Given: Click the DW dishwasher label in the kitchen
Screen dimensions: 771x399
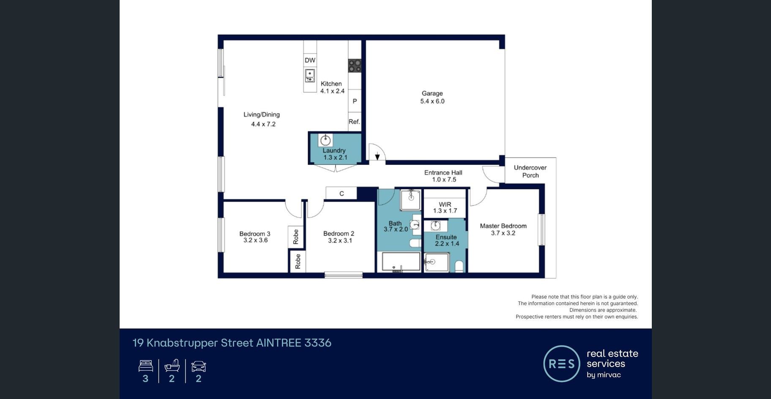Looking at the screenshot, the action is tap(310, 60).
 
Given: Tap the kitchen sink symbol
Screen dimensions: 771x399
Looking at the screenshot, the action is tap(310, 76).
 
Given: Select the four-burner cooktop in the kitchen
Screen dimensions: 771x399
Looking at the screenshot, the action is tap(355, 66).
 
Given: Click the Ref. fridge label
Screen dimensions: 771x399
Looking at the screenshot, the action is tap(354, 122).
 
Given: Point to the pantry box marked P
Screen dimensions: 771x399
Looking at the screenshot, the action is tap(355, 101).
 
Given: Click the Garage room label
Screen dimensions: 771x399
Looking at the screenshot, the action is tap(432, 93).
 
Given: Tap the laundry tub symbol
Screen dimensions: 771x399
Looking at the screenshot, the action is tap(325, 140).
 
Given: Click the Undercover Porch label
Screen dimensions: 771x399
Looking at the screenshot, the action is tap(530, 171).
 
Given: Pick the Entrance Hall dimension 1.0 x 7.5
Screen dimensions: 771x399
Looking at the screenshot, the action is tap(444, 180).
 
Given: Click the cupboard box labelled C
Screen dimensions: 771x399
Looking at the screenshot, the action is tap(342, 193).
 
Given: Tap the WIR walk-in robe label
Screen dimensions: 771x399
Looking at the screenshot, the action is tap(445, 204).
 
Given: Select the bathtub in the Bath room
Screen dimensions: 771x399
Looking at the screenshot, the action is tap(401, 262).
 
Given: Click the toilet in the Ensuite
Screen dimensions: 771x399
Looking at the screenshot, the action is tap(459, 266).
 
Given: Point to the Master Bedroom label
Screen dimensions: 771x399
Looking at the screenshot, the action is tap(503, 226).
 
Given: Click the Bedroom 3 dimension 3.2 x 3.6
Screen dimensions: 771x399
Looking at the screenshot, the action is tap(255, 240).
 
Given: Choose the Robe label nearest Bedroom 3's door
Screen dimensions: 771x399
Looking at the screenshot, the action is tap(295, 237).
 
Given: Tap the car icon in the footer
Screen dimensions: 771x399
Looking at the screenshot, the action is tap(199, 366).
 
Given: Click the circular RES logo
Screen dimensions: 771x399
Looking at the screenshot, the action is tap(562, 363).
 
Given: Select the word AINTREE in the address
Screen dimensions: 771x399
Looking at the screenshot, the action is tap(279, 343).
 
